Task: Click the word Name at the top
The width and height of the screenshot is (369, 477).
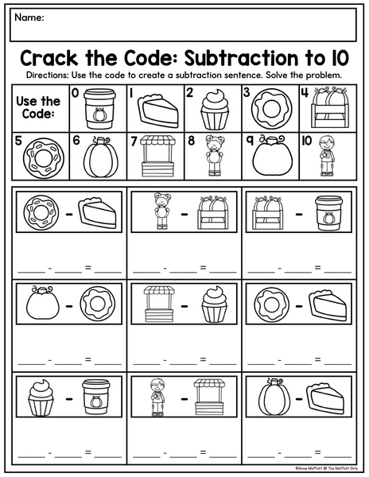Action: click(29, 17)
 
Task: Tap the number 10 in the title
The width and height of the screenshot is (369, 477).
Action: click(340, 58)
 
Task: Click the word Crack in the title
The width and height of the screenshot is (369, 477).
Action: click(49, 58)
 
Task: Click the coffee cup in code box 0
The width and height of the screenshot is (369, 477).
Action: click(99, 109)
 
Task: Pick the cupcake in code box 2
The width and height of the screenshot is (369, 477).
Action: click(215, 109)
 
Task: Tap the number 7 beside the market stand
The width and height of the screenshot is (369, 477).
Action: click(134, 142)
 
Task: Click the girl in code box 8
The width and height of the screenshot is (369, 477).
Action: click(215, 155)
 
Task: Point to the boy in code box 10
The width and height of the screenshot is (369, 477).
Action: click(327, 156)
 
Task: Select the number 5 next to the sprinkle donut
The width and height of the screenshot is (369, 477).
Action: click(18, 142)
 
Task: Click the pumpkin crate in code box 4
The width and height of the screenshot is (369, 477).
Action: click(330, 107)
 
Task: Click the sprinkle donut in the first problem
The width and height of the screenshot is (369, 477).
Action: click(41, 212)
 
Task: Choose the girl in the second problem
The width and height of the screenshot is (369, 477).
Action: click(162, 211)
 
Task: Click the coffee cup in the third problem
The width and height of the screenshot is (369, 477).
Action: click(328, 213)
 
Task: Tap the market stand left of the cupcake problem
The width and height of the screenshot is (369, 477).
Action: click(159, 304)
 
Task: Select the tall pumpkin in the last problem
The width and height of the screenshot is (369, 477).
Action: click(274, 397)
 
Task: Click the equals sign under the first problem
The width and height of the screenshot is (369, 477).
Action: click(88, 268)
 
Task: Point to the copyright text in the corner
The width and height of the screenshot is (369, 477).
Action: click(326, 468)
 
